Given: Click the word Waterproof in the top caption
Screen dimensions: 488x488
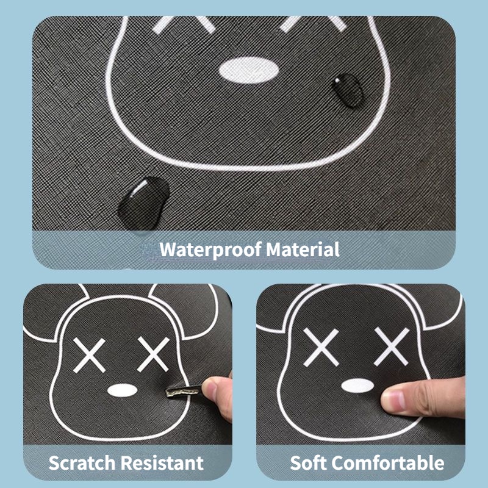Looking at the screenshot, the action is click(210, 249).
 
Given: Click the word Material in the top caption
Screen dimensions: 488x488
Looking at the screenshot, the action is click(303, 249).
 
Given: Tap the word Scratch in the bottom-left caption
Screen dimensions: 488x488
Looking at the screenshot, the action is click(82, 463).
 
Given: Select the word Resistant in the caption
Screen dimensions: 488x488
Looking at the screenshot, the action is click(162, 463).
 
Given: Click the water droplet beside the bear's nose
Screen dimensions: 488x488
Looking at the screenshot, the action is click(347, 90).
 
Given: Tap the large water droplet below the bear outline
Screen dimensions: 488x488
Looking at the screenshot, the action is click(143, 203).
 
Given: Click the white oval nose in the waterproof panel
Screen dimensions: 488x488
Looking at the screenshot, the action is click(249, 70).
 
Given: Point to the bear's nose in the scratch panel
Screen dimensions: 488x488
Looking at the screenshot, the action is click(123, 390).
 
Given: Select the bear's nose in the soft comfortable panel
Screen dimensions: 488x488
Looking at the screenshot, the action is click(357, 386).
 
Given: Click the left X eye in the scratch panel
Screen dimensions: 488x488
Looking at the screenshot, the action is click(89, 356).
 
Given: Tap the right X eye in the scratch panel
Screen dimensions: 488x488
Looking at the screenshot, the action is click(154, 354).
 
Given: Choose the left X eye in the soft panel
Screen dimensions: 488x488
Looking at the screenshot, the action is click(321, 347).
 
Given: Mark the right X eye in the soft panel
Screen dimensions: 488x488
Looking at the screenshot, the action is click(392, 346).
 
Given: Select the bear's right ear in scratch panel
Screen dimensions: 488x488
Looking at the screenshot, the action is click(187, 311).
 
